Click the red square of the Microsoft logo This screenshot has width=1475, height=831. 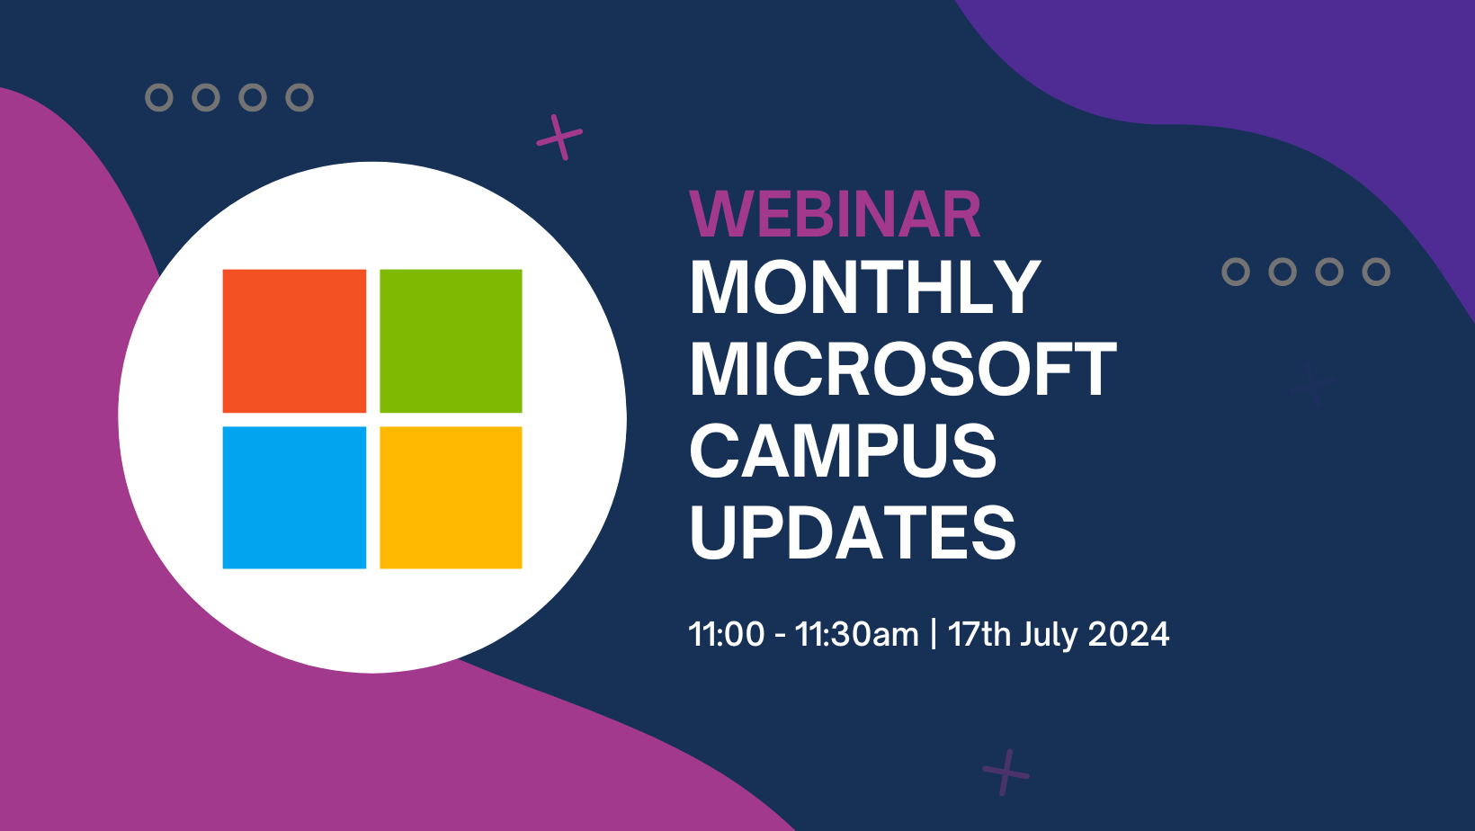pyautogui.click(x=294, y=341)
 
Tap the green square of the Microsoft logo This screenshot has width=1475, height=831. pyautogui.click(x=451, y=341)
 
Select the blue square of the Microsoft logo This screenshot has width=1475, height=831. pyautogui.click(x=294, y=498)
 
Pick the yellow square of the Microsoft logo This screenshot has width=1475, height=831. pyautogui.click(x=451, y=498)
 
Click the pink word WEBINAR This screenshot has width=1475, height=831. pyautogui.click(x=835, y=214)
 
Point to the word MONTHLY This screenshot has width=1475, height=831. pyautogui.click(x=864, y=287)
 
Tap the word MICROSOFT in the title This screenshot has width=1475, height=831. pyautogui.click(x=903, y=369)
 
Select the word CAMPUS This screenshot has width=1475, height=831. pyautogui.click(x=843, y=451)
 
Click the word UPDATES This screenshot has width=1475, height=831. pyautogui.click(x=853, y=532)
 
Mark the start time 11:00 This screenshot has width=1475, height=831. pyautogui.click(x=727, y=634)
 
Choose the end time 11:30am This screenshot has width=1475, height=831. pyautogui.click(x=857, y=634)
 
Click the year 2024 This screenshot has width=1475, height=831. pyautogui.click(x=1129, y=634)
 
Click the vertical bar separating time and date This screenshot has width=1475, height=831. pyautogui.click(x=934, y=634)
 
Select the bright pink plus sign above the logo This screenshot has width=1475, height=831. pyautogui.click(x=559, y=137)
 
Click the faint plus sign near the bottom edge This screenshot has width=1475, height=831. pyautogui.click(x=1006, y=773)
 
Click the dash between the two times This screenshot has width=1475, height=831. pyautogui.click(x=781, y=636)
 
